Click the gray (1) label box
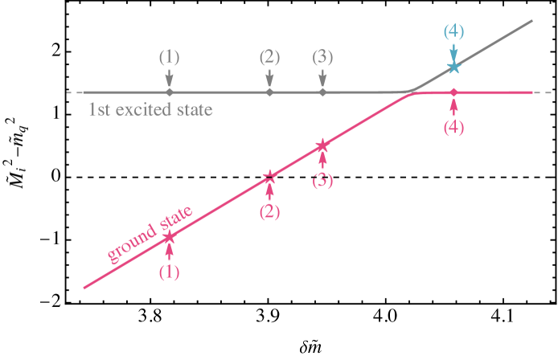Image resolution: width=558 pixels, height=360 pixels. (169, 57)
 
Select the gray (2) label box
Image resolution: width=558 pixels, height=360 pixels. (269, 57)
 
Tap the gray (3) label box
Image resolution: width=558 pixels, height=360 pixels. (322, 57)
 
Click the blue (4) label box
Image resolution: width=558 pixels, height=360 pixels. (453, 31)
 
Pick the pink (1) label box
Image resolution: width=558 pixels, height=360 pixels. (169, 272)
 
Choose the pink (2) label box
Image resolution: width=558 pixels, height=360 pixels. (269, 212)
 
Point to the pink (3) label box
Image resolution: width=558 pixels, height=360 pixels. (322, 181)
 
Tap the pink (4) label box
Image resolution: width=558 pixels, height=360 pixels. (453, 127)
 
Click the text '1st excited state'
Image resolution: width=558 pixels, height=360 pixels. (150, 109)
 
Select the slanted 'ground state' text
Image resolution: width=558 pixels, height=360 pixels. (150, 232)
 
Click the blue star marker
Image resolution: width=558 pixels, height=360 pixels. (453, 67)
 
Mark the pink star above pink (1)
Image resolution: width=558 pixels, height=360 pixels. (169, 237)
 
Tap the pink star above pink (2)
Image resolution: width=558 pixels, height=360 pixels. (269, 177)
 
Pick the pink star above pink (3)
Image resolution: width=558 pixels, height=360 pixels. (322, 145)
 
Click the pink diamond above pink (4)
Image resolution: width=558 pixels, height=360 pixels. (453, 92)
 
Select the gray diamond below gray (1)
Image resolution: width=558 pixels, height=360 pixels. (169, 92)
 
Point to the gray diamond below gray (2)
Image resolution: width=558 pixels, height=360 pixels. (269, 92)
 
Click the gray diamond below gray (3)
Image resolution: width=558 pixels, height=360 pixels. (322, 92)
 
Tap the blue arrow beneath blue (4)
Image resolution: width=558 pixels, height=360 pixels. (453, 52)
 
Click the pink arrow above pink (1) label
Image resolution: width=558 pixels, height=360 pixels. (169, 249)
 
